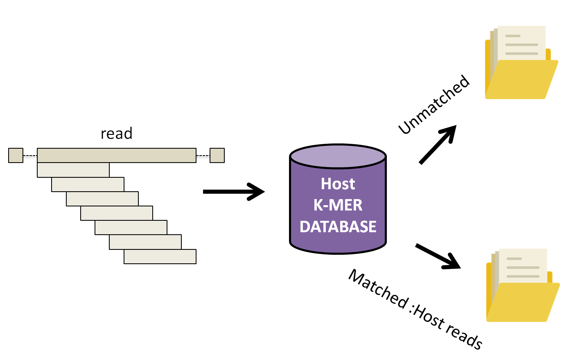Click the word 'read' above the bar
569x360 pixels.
click(x=117, y=134)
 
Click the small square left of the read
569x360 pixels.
click(x=16, y=156)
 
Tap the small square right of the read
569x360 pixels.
click(x=217, y=156)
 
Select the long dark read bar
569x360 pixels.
click(x=117, y=156)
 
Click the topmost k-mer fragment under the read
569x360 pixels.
click(x=73, y=170)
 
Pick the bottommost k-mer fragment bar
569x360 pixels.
click(x=160, y=256)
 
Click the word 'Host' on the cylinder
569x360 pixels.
click(x=338, y=184)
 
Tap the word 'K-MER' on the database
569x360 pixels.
click(x=338, y=205)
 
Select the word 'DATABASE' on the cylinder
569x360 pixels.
click(x=338, y=226)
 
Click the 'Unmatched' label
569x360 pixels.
click(x=434, y=105)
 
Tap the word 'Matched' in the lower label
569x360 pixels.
click(x=377, y=289)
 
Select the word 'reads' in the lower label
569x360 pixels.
click(x=464, y=335)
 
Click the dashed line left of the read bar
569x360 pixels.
click(x=30, y=156)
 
